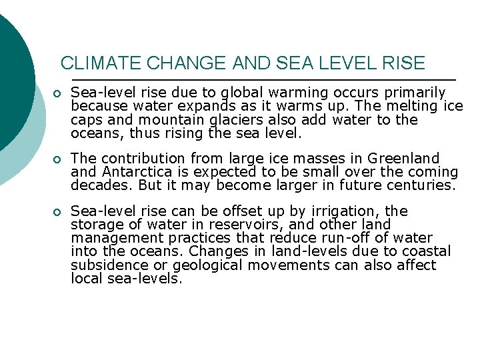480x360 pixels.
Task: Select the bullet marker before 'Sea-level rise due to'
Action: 59,93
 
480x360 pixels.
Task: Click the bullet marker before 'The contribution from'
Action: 59,159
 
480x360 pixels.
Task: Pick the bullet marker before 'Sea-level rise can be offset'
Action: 59,212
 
